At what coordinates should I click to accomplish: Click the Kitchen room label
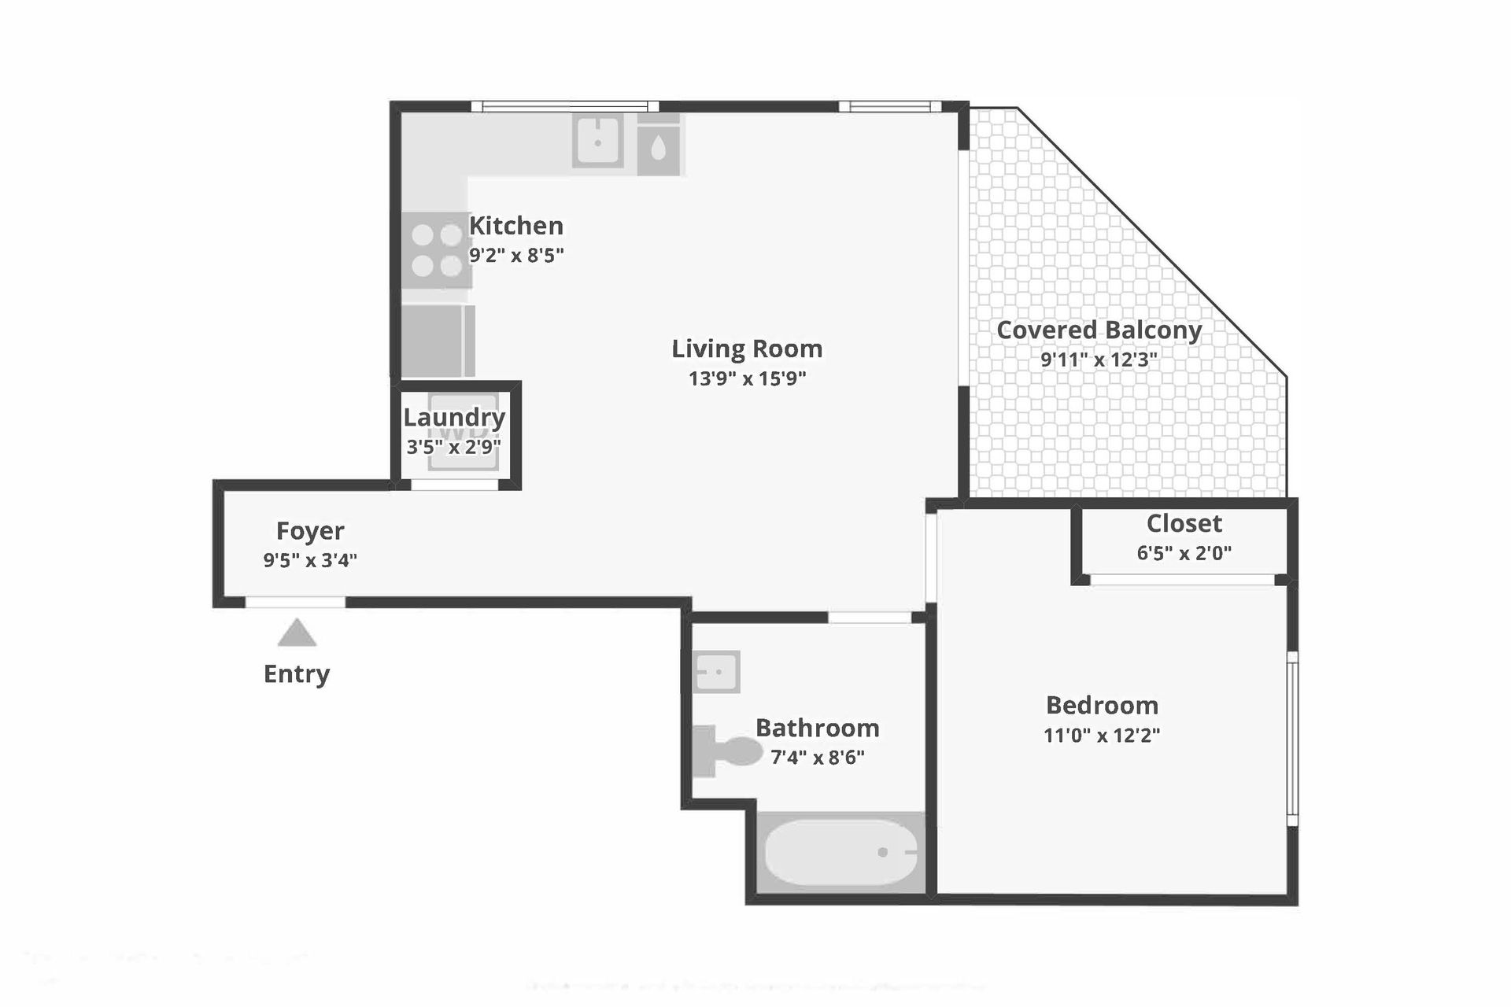(x=516, y=226)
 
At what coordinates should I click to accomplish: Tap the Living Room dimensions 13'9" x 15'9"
(x=747, y=378)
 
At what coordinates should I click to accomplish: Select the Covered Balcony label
(x=1099, y=330)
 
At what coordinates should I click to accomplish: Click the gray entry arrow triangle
(x=297, y=634)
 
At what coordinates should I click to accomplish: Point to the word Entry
(x=297, y=674)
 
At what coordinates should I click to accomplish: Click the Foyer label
(x=310, y=531)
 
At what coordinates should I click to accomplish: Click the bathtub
(x=840, y=853)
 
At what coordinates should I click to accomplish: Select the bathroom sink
(x=717, y=672)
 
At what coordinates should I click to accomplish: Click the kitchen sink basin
(x=598, y=142)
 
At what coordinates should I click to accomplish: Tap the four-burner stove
(x=437, y=250)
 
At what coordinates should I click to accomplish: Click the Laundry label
(x=454, y=418)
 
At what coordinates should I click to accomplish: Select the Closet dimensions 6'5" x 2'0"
(x=1184, y=553)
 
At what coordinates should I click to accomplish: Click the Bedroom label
(x=1102, y=705)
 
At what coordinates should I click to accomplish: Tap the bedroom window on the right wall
(x=1292, y=738)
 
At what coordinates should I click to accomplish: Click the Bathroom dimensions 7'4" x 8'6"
(x=818, y=758)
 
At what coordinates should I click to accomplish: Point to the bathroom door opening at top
(x=870, y=618)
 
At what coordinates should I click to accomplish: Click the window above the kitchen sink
(x=564, y=106)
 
